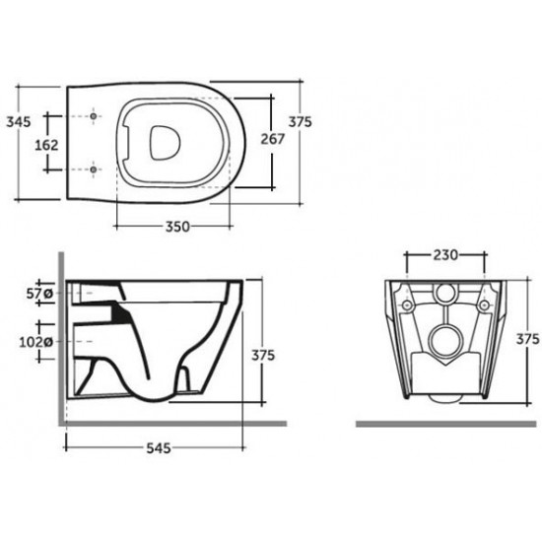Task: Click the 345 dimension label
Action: (x=19, y=121)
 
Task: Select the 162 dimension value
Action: (x=46, y=145)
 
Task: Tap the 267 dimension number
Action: (x=272, y=139)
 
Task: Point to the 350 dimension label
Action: (x=177, y=227)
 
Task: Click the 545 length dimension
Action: (x=159, y=448)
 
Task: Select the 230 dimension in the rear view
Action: (x=445, y=255)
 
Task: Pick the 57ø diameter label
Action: (x=39, y=294)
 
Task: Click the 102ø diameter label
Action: (x=35, y=342)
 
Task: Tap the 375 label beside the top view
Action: (x=300, y=121)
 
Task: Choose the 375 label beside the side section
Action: (x=263, y=355)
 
